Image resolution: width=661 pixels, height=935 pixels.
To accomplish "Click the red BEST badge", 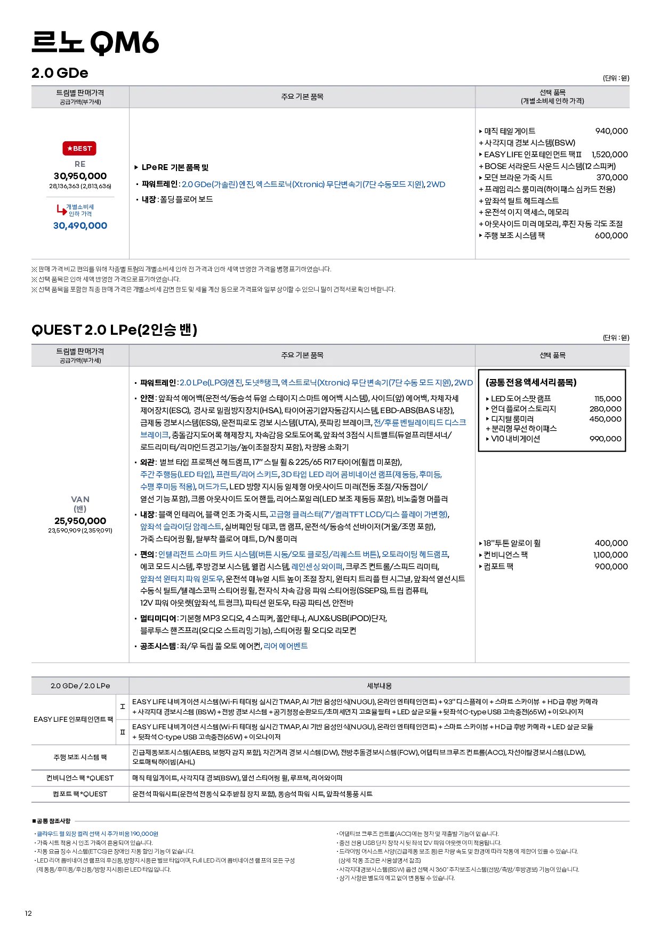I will click(x=79, y=149).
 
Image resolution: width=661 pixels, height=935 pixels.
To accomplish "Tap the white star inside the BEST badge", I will click(x=70, y=149).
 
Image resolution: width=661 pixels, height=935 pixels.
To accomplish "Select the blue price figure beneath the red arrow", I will click(x=80, y=226).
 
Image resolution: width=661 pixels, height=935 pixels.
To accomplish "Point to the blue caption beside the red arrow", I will click(x=80, y=209).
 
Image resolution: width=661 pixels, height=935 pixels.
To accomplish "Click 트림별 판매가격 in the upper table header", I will click(x=80, y=93).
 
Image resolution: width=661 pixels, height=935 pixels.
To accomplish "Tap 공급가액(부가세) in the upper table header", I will click(x=80, y=102).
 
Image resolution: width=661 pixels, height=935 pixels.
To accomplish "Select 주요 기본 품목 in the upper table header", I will click(x=302, y=97).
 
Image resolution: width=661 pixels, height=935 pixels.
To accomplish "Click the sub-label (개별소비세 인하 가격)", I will click(x=552, y=101).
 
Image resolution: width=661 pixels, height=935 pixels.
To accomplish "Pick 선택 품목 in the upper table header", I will click(x=552, y=93).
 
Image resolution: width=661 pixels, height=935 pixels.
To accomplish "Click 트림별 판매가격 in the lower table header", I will click(x=80, y=351).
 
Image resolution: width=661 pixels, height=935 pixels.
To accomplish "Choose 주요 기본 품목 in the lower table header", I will click(x=302, y=356).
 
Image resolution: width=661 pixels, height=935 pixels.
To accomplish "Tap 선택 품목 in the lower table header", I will click(x=552, y=356).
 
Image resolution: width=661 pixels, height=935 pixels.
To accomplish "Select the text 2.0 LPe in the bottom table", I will click(x=97, y=686).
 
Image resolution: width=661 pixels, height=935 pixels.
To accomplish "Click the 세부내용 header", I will click(x=379, y=686).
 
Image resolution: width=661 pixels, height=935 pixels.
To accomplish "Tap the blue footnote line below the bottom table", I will click(x=98, y=835).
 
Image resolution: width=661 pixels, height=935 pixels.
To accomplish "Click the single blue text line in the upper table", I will click(x=315, y=184).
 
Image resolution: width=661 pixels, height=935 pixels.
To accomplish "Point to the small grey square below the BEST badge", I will click(x=79, y=164).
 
